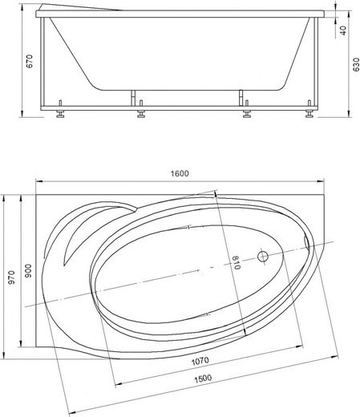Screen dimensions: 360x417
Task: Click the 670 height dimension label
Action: [29, 61]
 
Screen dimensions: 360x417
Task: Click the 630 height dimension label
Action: [356, 65]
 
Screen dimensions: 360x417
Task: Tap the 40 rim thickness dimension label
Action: [344, 30]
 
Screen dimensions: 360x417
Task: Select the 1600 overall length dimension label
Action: [180, 173]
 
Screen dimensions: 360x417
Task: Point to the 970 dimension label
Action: [11, 277]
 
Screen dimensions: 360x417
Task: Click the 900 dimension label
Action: [28, 270]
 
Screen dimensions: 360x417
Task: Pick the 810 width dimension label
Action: [236, 262]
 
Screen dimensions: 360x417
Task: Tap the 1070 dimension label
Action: [200, 361]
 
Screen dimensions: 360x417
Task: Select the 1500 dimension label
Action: [203, 379]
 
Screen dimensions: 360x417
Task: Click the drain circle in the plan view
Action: [263, 257]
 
